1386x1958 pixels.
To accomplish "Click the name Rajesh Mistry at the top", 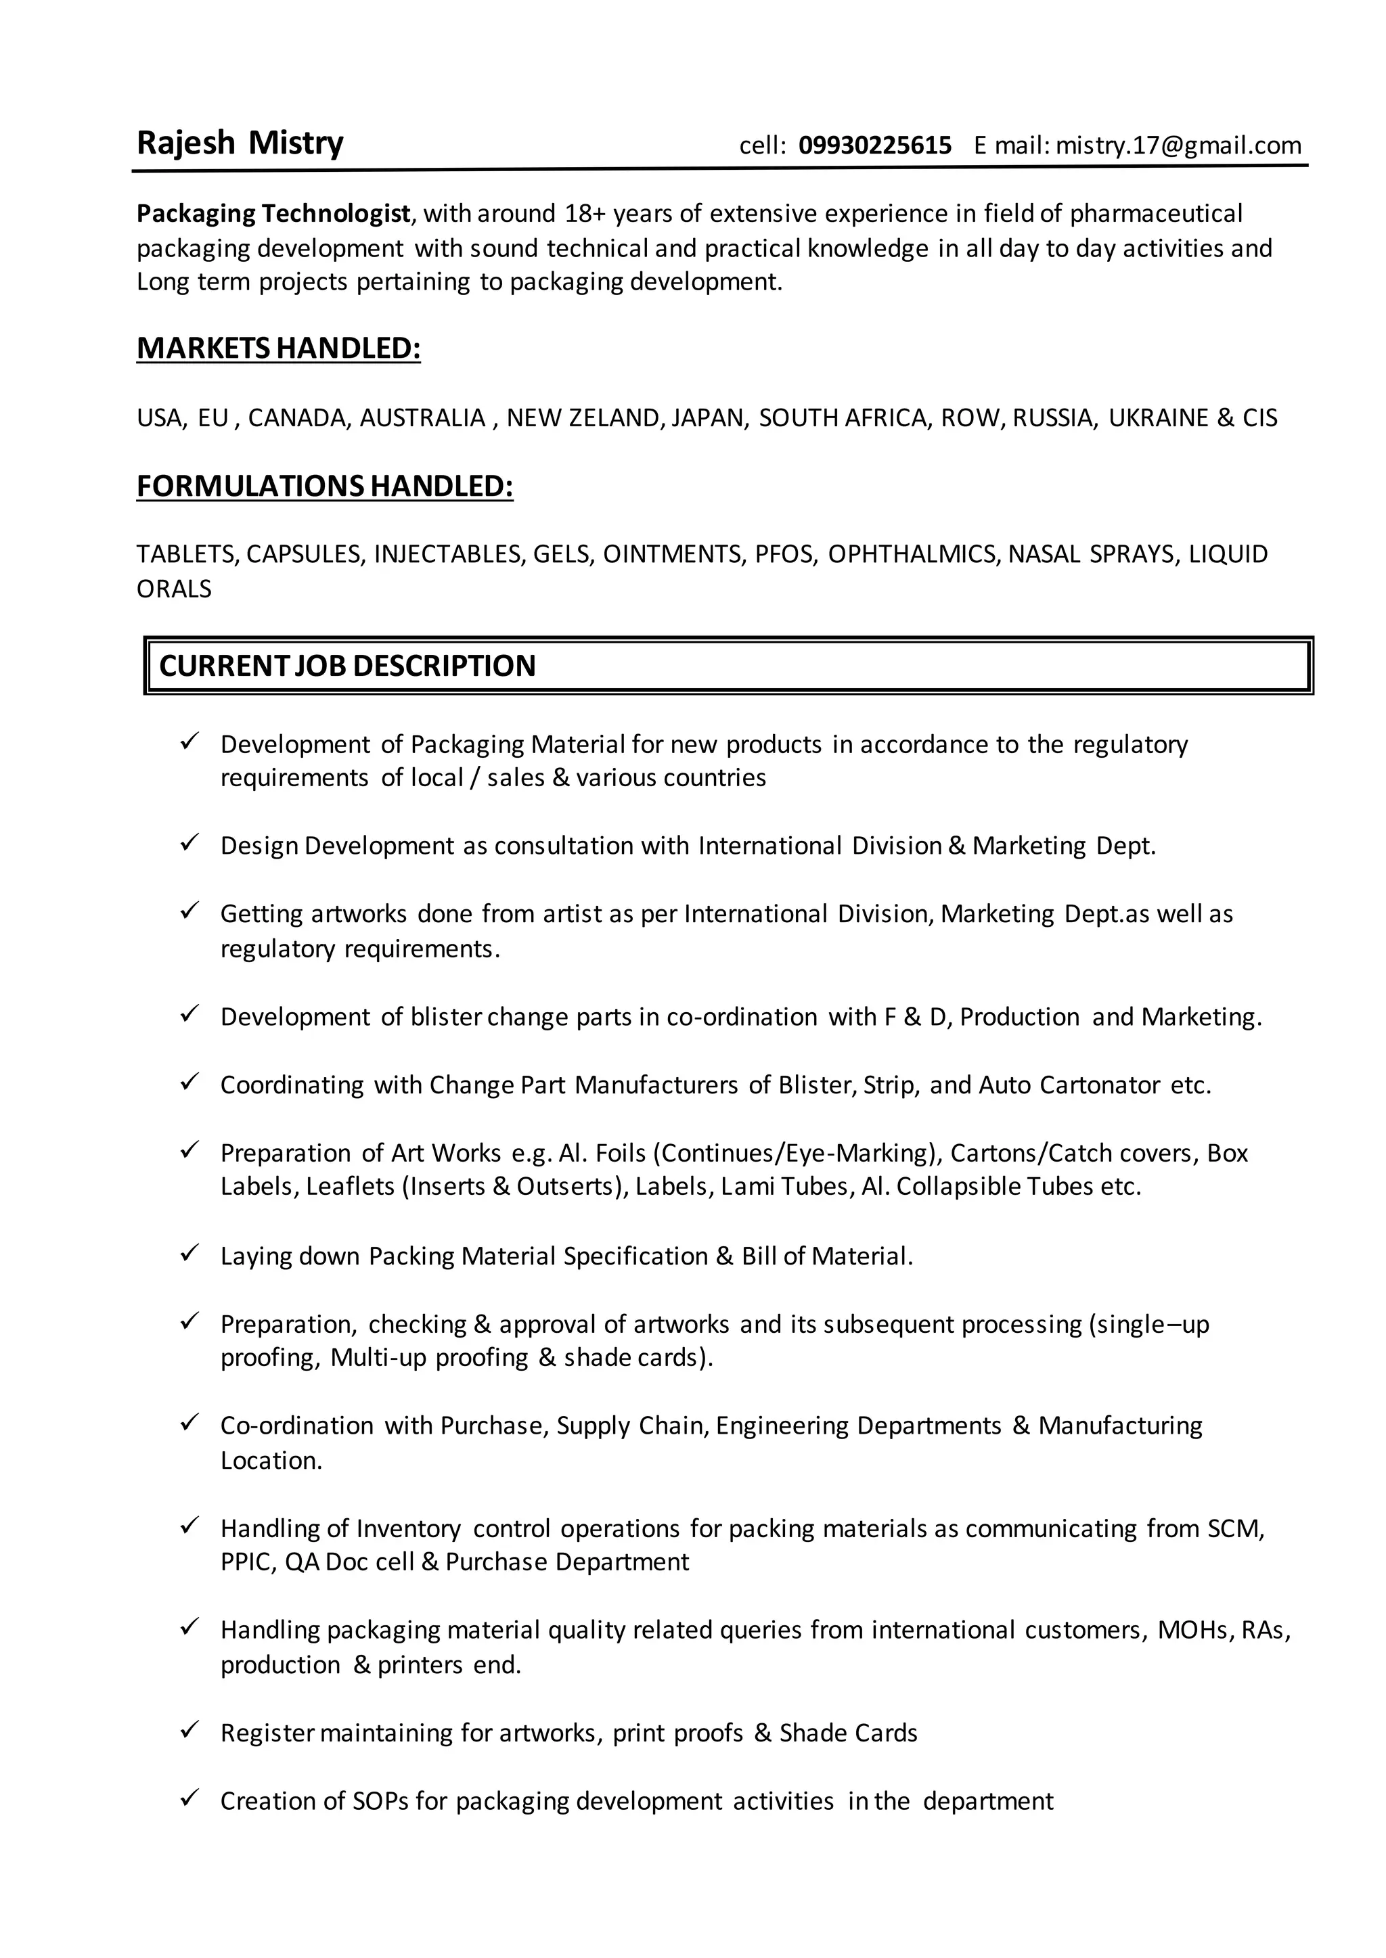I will click(240, 143).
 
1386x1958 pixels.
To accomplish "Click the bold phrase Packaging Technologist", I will click(274, 213).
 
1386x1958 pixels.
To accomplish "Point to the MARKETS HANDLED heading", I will click(278, 349).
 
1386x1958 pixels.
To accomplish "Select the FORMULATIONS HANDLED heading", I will click(324, 486).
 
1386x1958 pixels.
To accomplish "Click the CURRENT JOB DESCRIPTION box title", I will click(347, 666).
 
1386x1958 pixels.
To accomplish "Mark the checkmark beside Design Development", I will click(189, 843).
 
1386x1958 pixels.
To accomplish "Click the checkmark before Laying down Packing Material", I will click(189, 1253).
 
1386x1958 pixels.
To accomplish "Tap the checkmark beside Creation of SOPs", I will click(189, 1798).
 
